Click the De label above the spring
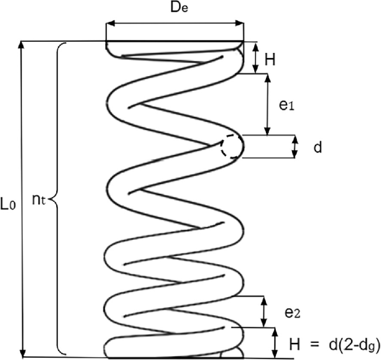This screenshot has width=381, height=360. click(x=174, y=9)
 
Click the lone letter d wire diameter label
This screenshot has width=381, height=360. click(x=317, y=147)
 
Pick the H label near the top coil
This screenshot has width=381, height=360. click(x=270, y=58)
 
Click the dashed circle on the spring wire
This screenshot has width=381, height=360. click(x=231, y=147)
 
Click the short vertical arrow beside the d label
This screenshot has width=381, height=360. click(x=295, y=147)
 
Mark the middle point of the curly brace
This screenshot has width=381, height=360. click(x=52, y=204)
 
